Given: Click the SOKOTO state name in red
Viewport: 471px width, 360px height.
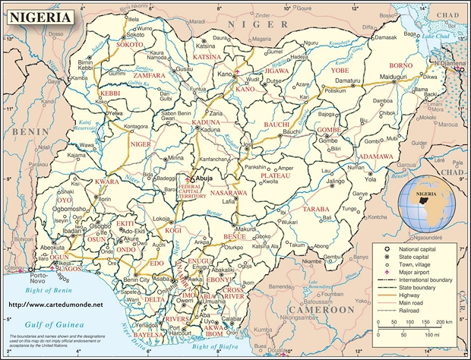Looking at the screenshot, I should pos(130,45).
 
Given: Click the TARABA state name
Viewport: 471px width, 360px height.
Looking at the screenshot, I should pos(315,208).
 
